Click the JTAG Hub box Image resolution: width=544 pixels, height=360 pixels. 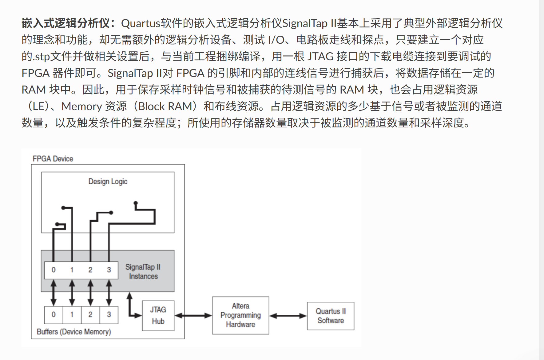pos(158,315)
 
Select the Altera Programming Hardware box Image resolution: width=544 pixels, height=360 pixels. pos(240,315)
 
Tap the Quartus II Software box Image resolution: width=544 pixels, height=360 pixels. pos(331,316)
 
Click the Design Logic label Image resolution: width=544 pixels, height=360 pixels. pos(108,182)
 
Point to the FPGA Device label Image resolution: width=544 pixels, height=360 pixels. pos(53,159)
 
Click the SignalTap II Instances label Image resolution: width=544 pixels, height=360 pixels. pos(143,271)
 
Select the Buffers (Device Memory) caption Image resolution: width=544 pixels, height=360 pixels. pos(74,332)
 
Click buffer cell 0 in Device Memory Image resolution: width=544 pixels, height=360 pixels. pos(54,315)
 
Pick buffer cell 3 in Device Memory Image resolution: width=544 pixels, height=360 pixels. pos(109,315)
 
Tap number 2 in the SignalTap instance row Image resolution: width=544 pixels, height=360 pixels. pos(90,270)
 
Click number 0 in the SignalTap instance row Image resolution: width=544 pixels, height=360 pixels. pos(54,270)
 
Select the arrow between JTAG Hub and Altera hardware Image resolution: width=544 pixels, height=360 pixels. pos(193,315)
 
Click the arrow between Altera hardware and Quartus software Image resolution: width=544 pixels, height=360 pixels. pos(288,316)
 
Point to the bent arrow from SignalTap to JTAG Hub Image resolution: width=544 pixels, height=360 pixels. pos(130,308)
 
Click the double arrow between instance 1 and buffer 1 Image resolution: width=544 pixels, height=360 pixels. pos(72,292)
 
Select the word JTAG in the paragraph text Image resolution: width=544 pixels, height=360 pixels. pos(320,57)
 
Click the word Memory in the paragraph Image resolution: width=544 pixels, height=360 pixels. pos(81,106)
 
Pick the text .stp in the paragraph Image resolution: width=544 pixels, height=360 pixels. pos(41,57)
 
